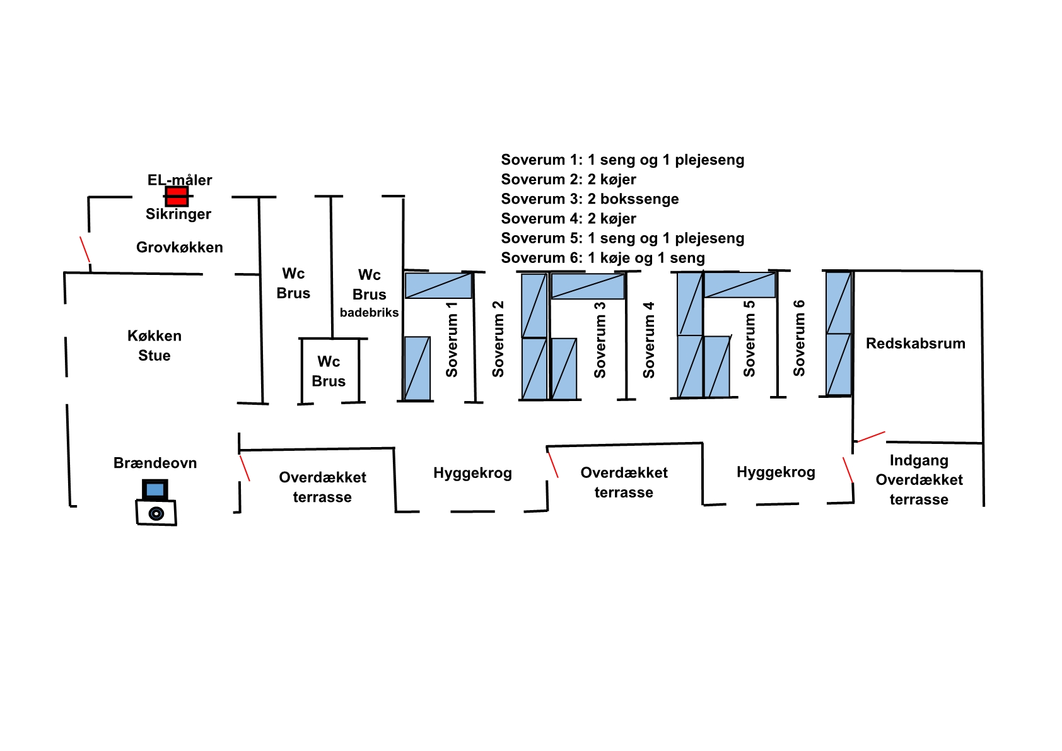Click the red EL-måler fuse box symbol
[x=177, y=196]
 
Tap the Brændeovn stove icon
[x=156, y=512]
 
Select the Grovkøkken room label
[x=180, y=247]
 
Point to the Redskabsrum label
[x=915, y=344]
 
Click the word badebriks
[x=369, y=313]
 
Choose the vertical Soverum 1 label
[x=452, y=339]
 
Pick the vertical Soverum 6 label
[x=799, y=339]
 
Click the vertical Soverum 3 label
[x=600, y=340]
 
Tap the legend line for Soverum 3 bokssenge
[x=590, y=199]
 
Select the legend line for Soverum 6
[x=602, y=258]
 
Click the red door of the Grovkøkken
[x=85, y=249]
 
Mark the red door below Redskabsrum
[x=870, y=436]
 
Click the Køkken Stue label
[x=155, y=346]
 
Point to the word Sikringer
[x=178, y=214]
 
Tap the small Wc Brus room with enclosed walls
[x=329, y=371]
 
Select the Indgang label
[x=919, y=460]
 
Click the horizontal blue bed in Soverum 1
[x=438, y=286]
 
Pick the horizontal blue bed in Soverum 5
[x=739, y=285]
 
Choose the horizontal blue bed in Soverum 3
[x=588, y=286]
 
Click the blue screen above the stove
[x=155, y=489]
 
